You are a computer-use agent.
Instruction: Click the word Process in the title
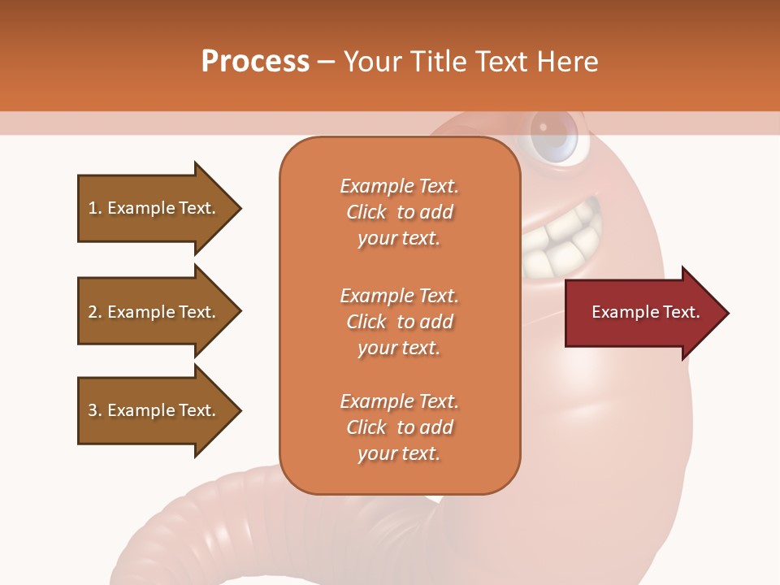[255, 62]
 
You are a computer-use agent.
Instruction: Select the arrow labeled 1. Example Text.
[154, 208]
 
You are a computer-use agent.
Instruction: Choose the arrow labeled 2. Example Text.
[154, 312]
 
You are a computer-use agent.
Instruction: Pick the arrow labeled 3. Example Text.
[154, 410]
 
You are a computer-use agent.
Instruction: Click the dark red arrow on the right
[642, 313]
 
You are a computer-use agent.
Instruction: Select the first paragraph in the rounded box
[400, 212]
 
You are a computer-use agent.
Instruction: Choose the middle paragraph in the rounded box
[400, 322]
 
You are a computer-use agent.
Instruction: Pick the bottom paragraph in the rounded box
[400, 427]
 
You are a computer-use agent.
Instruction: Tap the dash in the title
[326, 62]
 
